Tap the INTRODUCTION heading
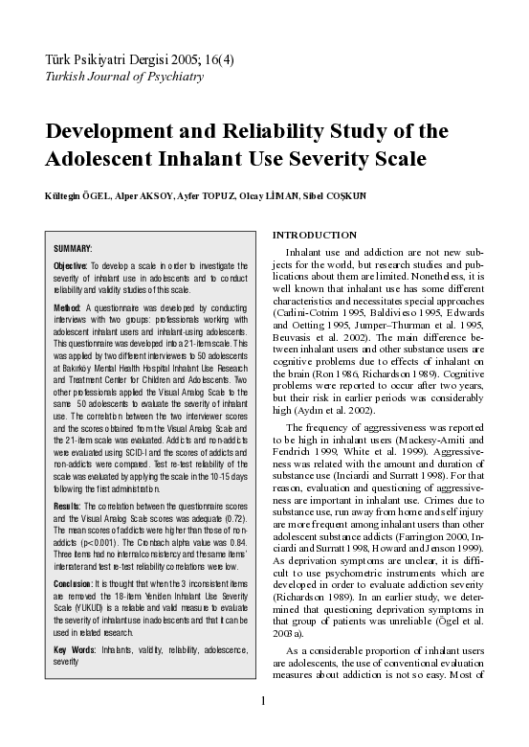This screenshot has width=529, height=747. point(315,235)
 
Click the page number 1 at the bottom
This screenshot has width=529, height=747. point(262,727)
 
